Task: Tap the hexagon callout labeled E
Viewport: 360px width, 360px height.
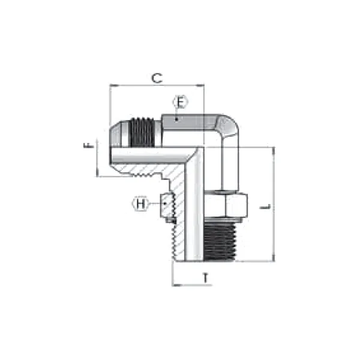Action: pos(181,103)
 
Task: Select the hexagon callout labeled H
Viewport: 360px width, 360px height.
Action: pos(140,205)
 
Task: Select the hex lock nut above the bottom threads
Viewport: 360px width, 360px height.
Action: pos(225,205)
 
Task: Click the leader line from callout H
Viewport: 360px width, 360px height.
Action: pos(155,204)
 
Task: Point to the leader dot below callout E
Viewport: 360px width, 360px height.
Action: pos(176,119)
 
